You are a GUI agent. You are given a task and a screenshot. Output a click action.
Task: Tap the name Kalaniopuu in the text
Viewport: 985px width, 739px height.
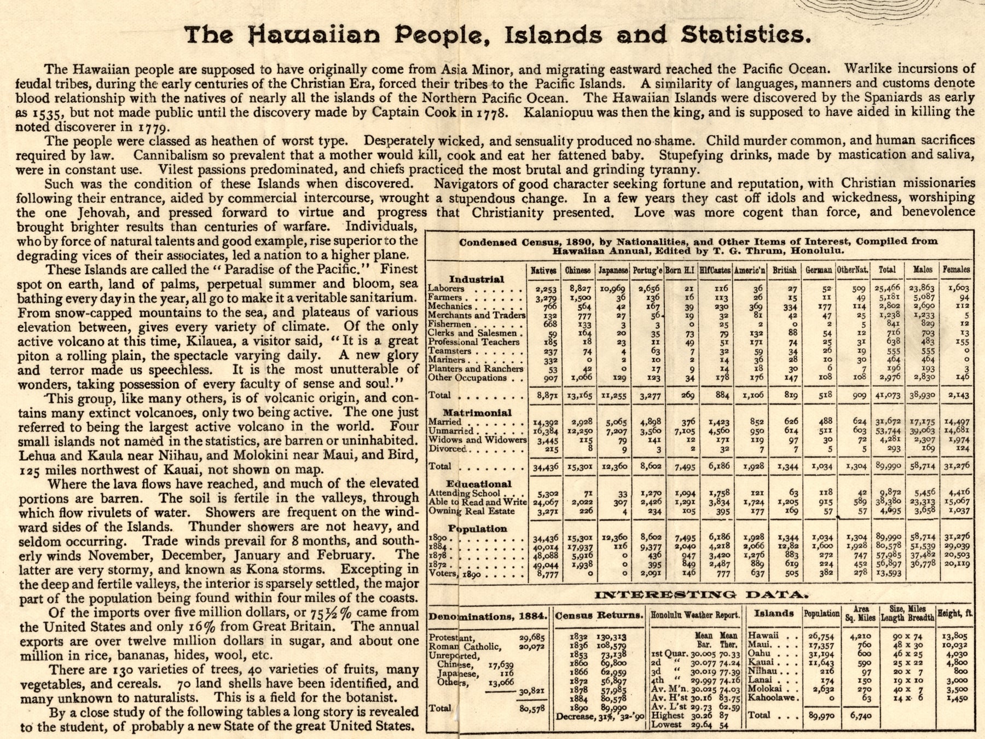click(x=565, y=112)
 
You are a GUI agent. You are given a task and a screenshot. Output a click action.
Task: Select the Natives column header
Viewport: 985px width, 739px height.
click(x=543, y=270)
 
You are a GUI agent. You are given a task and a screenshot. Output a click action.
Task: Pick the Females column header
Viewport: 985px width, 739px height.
click(x=956, y=269)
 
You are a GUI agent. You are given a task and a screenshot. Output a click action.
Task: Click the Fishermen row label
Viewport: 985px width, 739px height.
click(x=446, y=324)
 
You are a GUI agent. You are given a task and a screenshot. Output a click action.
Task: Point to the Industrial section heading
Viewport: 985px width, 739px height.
click(x=476, y=279)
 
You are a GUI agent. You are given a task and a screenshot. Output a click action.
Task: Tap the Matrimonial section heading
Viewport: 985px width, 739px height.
click(x=477, y=413)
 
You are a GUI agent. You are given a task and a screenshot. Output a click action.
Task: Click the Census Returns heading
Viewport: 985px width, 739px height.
click(x=599, y=616)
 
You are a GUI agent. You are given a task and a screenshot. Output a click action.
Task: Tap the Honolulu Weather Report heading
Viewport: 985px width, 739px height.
click(x=695, y=615)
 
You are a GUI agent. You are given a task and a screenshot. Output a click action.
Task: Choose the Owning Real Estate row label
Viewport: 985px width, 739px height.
click(x=471, y=511)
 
